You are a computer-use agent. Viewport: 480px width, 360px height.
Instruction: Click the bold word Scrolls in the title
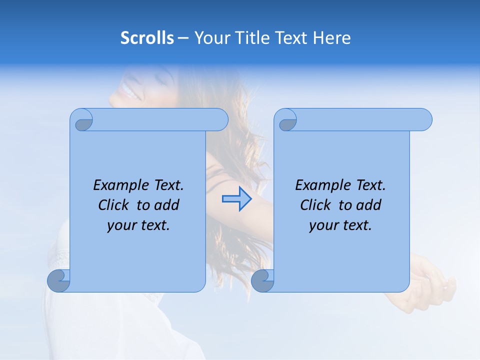(x=147, y=37)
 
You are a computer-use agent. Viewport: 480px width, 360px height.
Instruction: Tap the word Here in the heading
(x=332, y=37)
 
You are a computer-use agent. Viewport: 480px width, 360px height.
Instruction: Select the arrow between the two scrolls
(x=236, y=199)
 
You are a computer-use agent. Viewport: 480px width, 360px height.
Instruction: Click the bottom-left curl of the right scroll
(x=262, y=281)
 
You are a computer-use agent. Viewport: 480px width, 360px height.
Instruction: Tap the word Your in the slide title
(x=209, y=37)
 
